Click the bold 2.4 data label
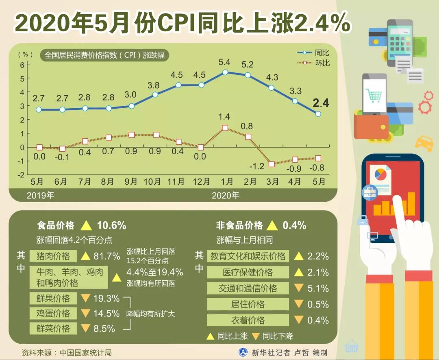point(321,103)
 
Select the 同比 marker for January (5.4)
point(225,72)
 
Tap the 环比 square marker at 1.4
point(225,128)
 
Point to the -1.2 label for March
point(256,166)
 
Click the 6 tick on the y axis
point(22,64)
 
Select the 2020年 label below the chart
point(226,195)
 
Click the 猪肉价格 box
point(53,256)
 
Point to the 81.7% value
point(106,256)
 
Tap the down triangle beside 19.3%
point(85,298)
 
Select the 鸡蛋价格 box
point(53,313)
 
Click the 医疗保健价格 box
point(248,272)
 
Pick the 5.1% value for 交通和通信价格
point(318,288)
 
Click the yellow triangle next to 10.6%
point(86,225)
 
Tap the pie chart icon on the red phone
point(380,174)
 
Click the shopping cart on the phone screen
point(374,96)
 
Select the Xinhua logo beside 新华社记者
point(243,352)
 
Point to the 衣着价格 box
point(248,320)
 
